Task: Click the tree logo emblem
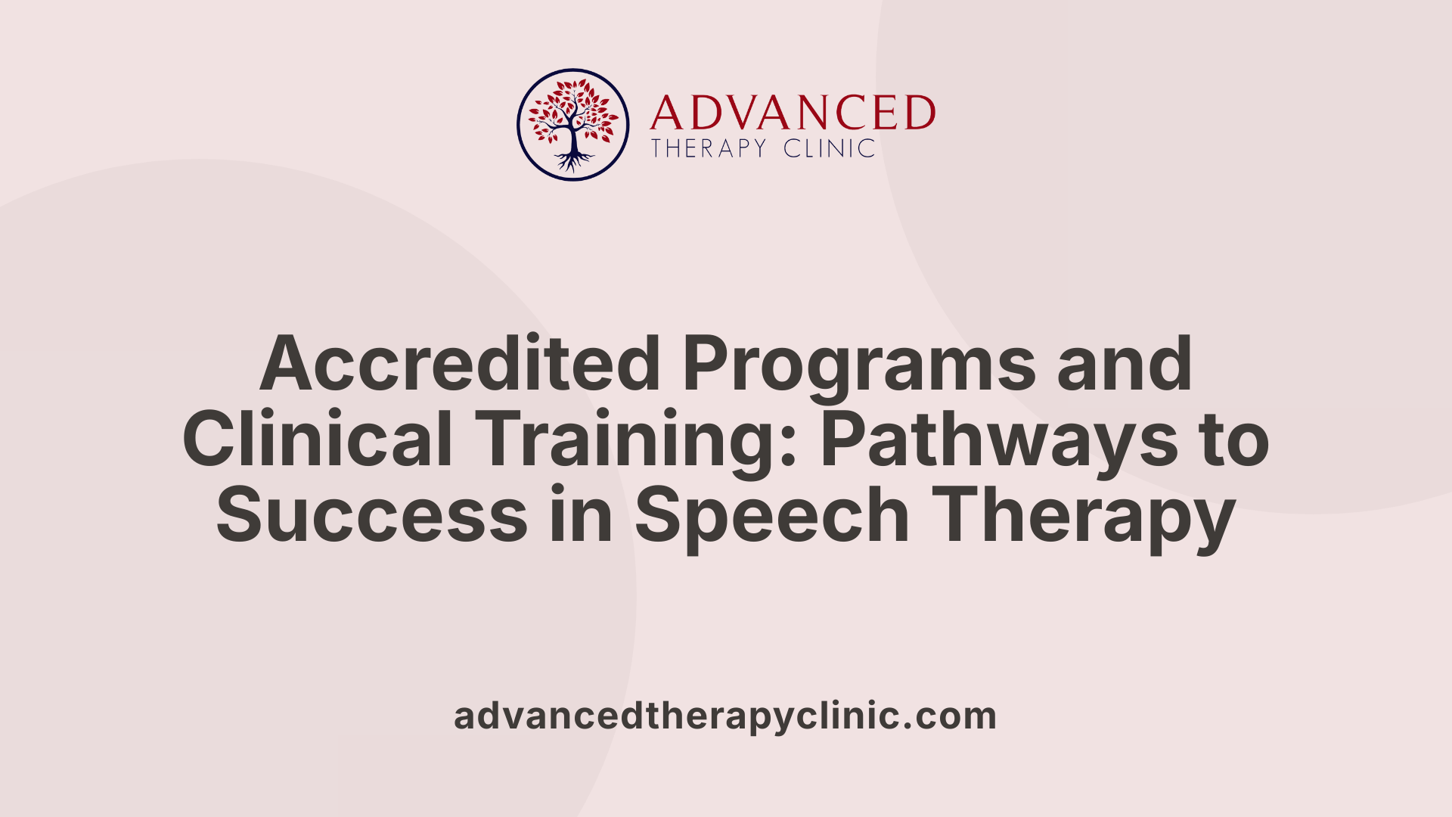[x=572, y=125]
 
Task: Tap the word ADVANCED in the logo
[x=793, y=113]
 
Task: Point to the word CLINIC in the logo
[x=830, y=148]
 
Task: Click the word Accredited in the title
[x=461, y=364]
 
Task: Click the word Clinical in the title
[x=318, y=440]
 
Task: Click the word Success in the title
[x=371, y=515]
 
